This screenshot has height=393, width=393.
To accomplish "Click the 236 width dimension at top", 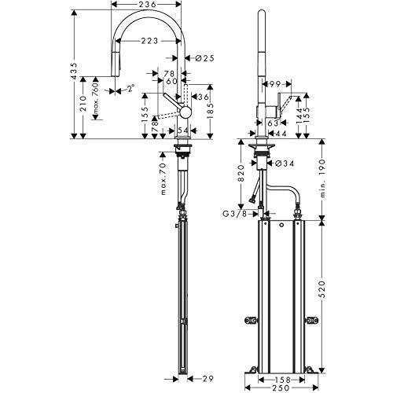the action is tap(146, 5).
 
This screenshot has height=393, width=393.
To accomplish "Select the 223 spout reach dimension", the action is tap(149, 41).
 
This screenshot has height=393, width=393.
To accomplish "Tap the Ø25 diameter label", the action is tap(204, 58).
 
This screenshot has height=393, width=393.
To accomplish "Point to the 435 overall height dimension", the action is tap(75, 71).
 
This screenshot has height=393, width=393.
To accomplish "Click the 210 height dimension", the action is tap(83, 104).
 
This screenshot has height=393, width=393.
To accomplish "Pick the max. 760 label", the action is tap(96, 100).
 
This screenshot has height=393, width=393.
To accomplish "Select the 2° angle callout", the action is tap(131, 88).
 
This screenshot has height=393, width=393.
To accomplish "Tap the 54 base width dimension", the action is tap(183, 130).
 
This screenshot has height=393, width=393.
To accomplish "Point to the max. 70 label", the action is tap(163, 179).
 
